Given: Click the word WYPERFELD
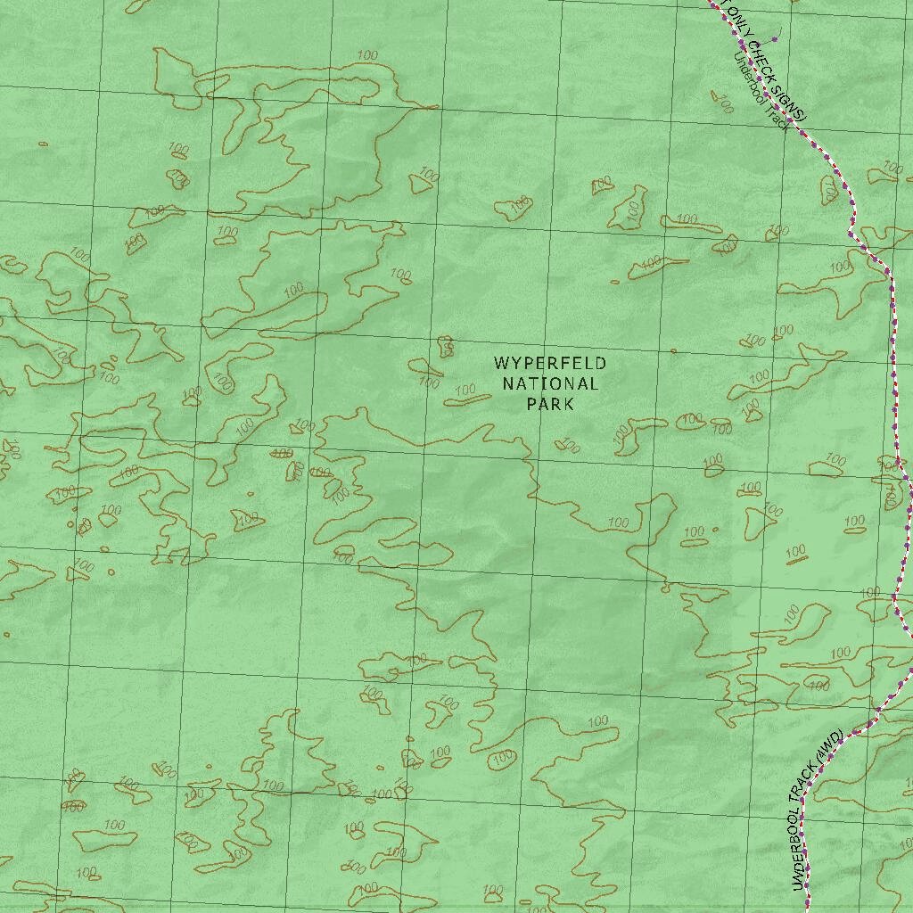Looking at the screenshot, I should (x=550, y=364).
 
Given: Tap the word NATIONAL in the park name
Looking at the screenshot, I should (x=550, y=384).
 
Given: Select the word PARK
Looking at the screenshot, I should (x=550, y=404).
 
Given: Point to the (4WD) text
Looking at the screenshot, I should (x=830, y=745).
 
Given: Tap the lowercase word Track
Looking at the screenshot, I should (x=778, y=117).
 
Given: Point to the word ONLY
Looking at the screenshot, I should (x=736, y=22).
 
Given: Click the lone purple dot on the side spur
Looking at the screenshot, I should (x=775, y=38).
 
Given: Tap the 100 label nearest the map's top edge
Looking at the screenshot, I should (x=366, y=56).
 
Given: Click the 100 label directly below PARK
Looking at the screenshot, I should (x=569, y=446).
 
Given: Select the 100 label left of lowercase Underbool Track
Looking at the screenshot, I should (x=723, y=103).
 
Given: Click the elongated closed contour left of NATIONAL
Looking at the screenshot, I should (x=467, y=399).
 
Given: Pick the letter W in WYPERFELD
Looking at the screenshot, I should (x=500, y=364).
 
